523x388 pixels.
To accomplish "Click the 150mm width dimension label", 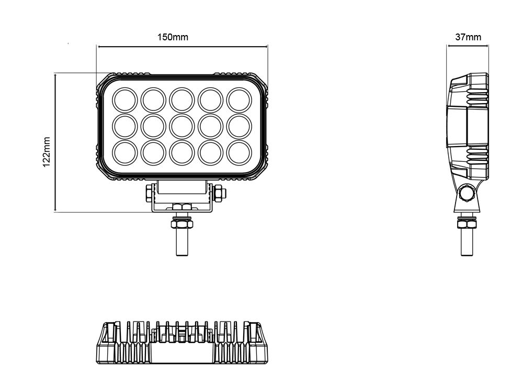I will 173,37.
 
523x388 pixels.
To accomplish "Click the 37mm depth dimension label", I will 468,37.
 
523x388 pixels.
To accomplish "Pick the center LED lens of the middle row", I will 181,125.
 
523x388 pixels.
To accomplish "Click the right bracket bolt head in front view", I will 219,192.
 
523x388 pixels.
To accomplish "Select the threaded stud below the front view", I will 182,243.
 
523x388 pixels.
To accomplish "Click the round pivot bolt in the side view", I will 465,194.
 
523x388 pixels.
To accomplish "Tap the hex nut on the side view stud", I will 467,224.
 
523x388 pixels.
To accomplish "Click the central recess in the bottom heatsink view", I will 182,356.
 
